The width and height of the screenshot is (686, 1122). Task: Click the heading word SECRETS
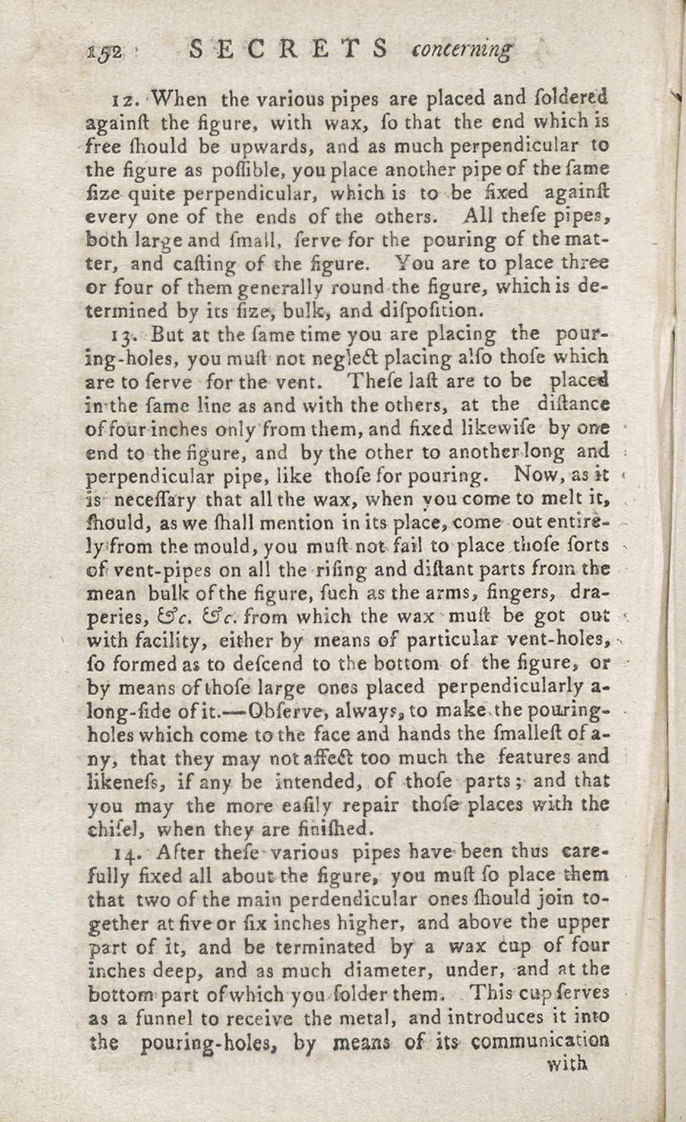[289, 50]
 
